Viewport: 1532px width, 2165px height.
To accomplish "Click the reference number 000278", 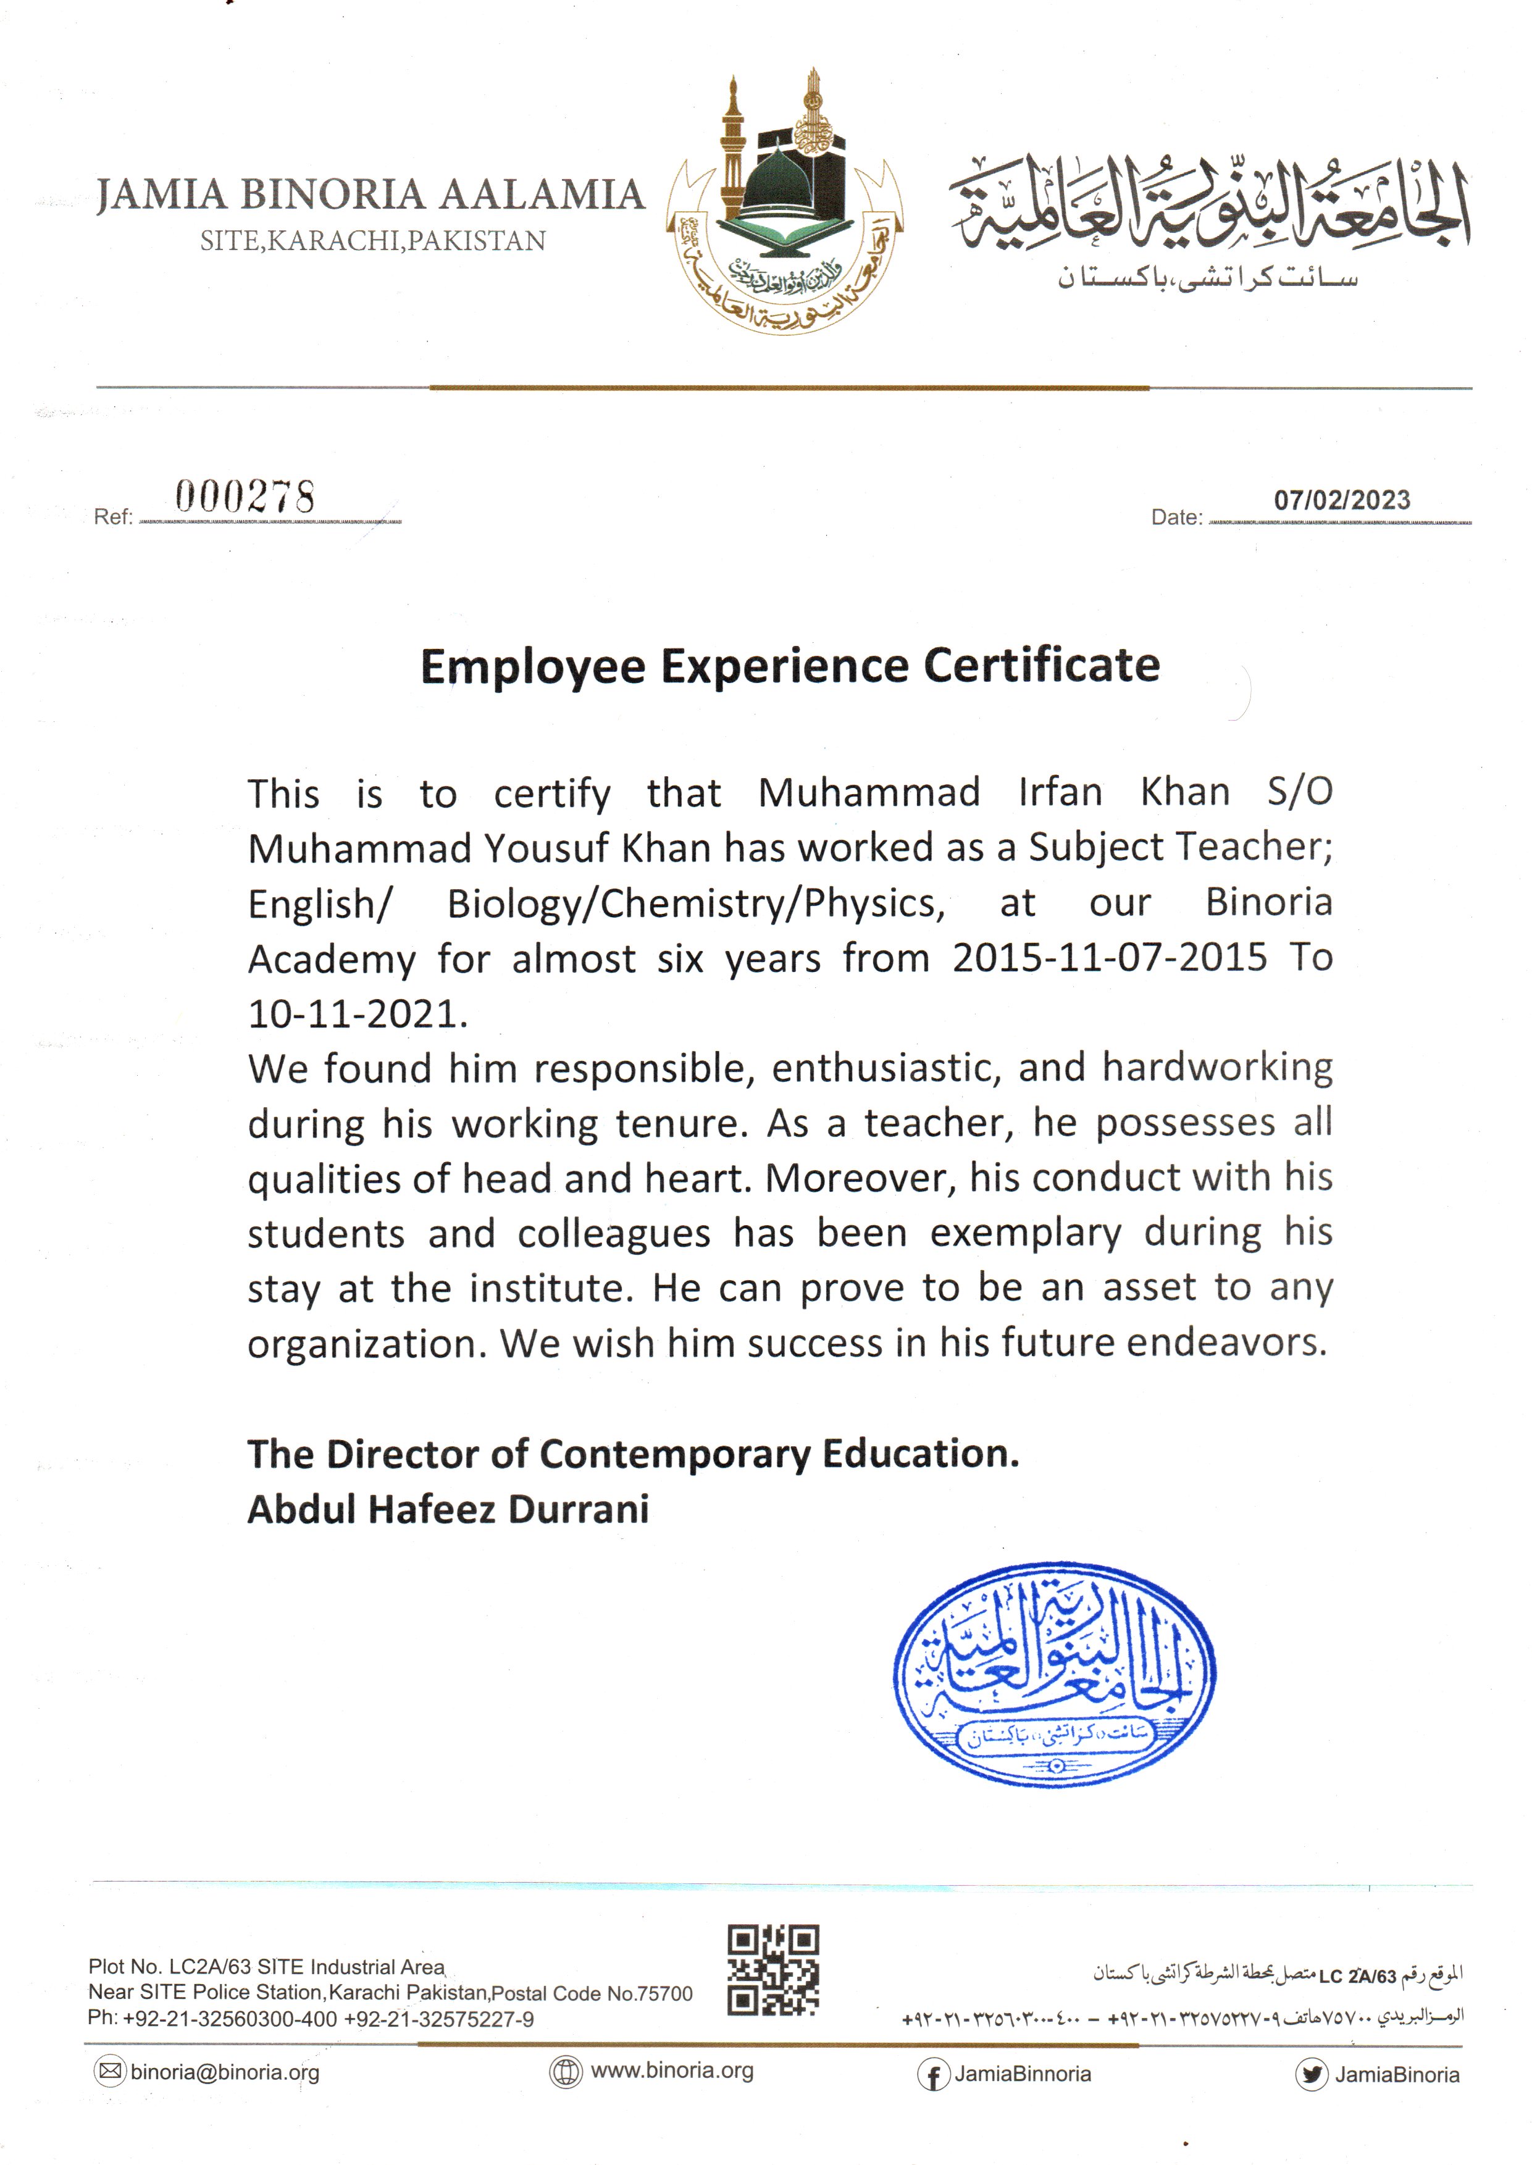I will (x=245, y=496).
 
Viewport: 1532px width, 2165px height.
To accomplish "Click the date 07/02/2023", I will (x=1341, y=500).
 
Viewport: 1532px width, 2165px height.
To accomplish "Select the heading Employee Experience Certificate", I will (x=790, y=666).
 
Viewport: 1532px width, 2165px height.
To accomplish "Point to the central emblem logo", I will (x=785, y=203).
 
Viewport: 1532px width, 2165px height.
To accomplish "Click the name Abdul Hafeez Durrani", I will (x=448, y=1509).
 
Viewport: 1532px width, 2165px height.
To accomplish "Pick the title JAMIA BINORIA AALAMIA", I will (x=370, y=195).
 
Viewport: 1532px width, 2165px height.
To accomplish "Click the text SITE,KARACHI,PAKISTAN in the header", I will (x=372, y=241).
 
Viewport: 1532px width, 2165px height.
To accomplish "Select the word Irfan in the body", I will (x=1060, y=792).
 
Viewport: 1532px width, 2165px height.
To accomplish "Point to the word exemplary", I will (x=1026, y=1234).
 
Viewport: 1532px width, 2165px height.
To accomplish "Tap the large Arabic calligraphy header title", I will (x=1210, y=205).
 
